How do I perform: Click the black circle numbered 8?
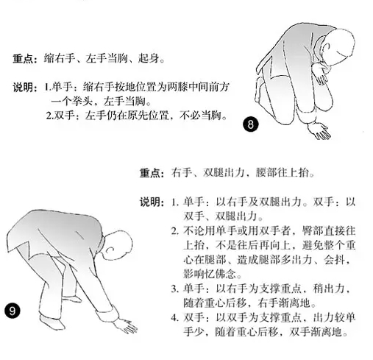pyautogui.click(x=251, y=124)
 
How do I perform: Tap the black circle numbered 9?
pyautogui.click(x=12, y=311)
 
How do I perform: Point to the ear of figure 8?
pyautogui.click(x=327, y=48)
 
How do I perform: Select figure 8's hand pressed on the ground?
pyautogui.click(x=319, y=130)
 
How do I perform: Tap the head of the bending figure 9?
pyautogui.click(x=117, y=244)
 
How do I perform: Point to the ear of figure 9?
pyautogui.click(x=110, y=250)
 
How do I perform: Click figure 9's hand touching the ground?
pyautogui.click(x=127, y=326)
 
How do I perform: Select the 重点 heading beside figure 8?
pyautogui.click(x=25, y=59)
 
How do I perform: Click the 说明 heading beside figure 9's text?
pyautogui.click(x=152, y=202)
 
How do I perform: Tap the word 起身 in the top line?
pyautogui.click(x=149, y=59)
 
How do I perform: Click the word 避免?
pyautogui.click(x=313, y=245)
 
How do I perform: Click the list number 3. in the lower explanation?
pyautogui.click(x=175, y=289)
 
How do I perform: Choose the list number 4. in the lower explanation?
pyautogui.click(x=175, y=317)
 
